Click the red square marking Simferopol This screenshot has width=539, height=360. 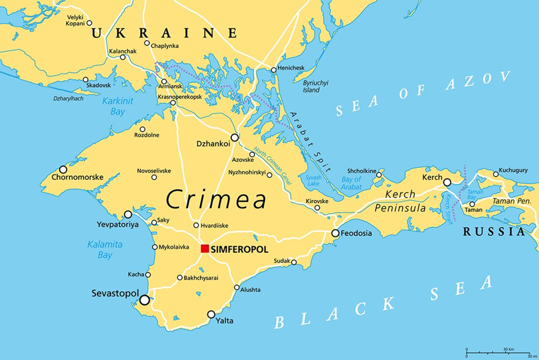coord(205,249)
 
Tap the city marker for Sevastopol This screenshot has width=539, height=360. coord(144,300)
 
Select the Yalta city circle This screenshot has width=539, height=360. coord(211,315)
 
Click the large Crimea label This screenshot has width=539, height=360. coord(216,200)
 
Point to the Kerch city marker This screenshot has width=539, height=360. coord(447,182)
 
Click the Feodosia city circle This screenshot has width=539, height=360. coord(335,233)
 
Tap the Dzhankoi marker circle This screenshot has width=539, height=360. coord(234,138)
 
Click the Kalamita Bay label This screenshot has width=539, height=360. coord(100,250)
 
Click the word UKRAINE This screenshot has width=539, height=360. coord(164,33)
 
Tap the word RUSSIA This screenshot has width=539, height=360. coord(494,232)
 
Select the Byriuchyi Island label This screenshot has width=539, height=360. coord(315,86)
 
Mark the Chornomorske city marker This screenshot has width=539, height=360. coord(63,169)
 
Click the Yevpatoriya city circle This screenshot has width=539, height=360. coord(128,214)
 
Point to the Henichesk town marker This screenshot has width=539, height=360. coord(274,70)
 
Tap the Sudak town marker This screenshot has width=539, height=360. coord(294,262)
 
